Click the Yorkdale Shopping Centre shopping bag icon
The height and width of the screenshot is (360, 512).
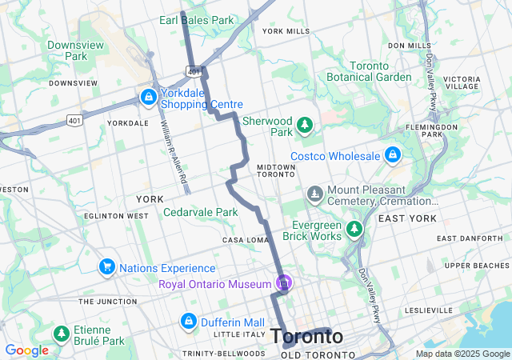click(x=148, y=97)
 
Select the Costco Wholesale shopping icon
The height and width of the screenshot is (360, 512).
click(x=392, y=154)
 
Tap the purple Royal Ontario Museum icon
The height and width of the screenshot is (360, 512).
click(x=282, y=283)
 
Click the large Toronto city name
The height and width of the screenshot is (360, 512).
click(x=307, y=337)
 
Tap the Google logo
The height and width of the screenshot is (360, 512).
click(x=26, y=350)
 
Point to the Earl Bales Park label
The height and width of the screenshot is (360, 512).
click(x=197, y=19)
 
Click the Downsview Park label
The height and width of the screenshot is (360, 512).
click(x=76, y=50)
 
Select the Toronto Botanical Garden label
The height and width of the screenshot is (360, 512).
click(x=369, y=71)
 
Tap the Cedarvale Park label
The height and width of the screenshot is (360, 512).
click(x=201, y=212)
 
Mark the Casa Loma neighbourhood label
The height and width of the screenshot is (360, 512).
click(x=243, y=240)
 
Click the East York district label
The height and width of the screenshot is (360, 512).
click(x=407, y=218)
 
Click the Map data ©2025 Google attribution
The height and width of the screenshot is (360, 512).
click(x=462, y=354)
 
